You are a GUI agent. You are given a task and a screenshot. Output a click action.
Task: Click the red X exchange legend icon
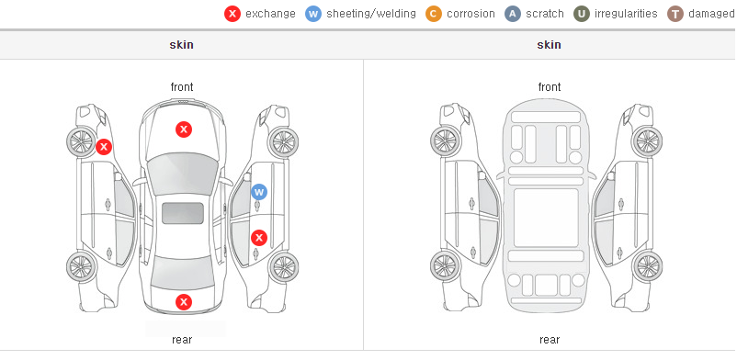click(x=232, y=14)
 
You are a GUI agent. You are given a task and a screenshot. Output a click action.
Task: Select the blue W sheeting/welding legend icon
click(x=313, y=14)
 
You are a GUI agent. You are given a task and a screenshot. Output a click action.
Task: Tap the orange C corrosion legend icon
click(x=434, y=14)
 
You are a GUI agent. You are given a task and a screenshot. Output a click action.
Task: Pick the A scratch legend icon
click(x=513, y=14)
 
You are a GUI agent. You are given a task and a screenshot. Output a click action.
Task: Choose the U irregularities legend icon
click(x=582, y=14)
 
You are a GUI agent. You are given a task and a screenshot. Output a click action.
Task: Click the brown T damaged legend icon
click(x=675, y=14)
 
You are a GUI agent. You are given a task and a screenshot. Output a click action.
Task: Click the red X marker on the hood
click(x=184, y=129)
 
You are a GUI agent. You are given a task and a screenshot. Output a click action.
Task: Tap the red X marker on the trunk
click(x=184, y=302)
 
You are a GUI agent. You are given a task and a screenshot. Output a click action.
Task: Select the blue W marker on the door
click(x=259, y=192)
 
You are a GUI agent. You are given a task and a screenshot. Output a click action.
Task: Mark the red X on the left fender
click(x=104, y=147)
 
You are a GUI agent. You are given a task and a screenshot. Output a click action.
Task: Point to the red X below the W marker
click(x=259, y=238)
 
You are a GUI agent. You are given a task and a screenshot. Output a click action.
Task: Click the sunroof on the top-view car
click(x=183, y=213)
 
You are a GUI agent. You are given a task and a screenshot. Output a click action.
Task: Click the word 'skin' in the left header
click(x=181, y=45)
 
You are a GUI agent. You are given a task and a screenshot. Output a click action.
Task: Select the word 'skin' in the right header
click(x=549, y=45)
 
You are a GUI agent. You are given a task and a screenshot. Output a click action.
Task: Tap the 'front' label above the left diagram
click(x=182, y=87)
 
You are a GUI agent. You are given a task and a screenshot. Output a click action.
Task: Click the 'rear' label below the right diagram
click(x=550, y=340)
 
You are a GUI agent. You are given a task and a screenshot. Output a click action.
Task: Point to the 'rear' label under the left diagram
click(x=182, y=340)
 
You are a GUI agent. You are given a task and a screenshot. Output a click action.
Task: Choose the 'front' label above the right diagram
click(x=550, y=87)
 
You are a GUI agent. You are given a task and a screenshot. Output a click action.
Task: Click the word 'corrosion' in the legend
click(x=471, y=14)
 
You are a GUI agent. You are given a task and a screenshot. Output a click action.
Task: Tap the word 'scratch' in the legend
click(x=545, y=14)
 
